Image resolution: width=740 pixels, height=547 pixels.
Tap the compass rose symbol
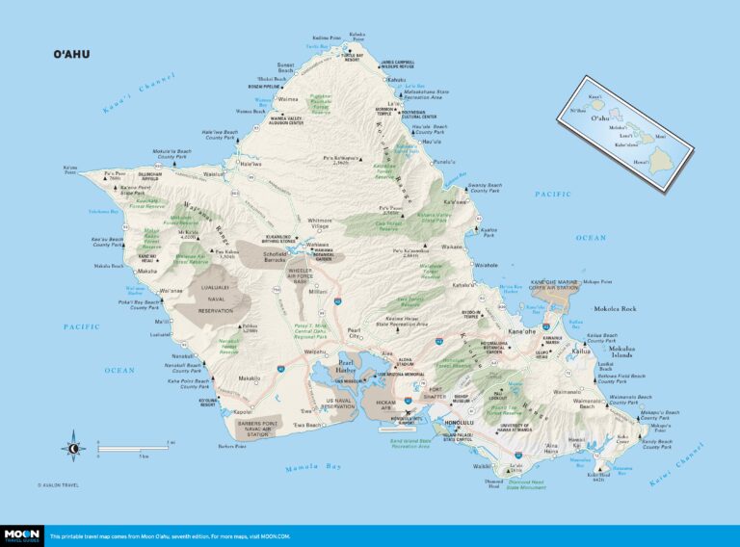click(73, 447)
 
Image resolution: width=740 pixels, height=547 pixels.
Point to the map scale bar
click(135, 448)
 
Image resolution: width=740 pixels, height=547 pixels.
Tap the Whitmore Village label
click(319, 223)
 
